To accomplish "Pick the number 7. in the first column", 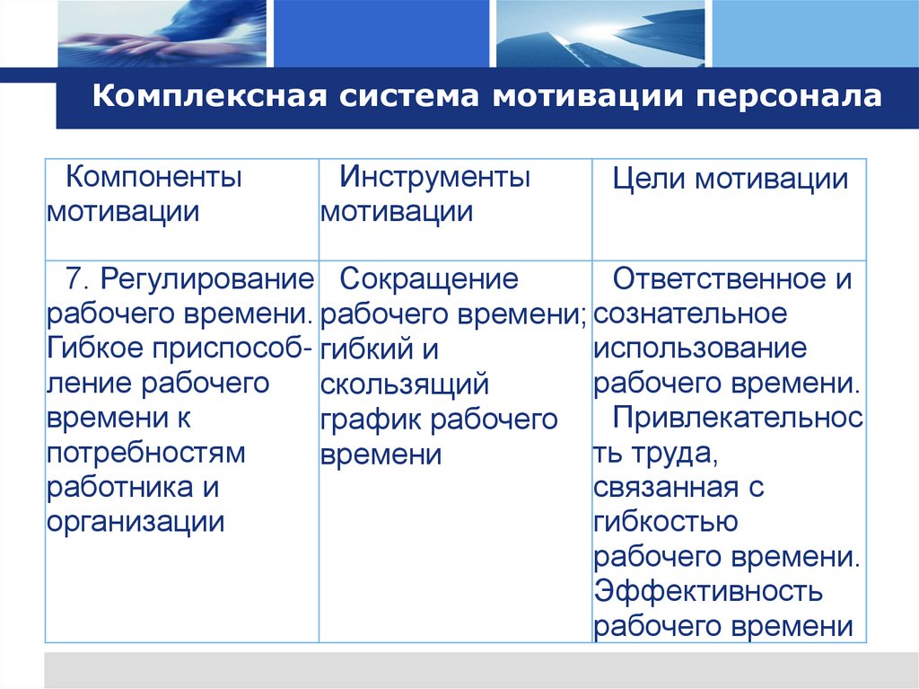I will point(78,278).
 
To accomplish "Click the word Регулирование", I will point(206,278).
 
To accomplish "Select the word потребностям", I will point(146,453).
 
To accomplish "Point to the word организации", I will point(136,522).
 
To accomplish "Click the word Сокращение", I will point(429,278).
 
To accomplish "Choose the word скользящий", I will point(405,384).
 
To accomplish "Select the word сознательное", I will point(689,314).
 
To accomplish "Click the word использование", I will point(699,349).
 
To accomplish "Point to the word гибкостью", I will point(665,522).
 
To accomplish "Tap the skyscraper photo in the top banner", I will point(600,33).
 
